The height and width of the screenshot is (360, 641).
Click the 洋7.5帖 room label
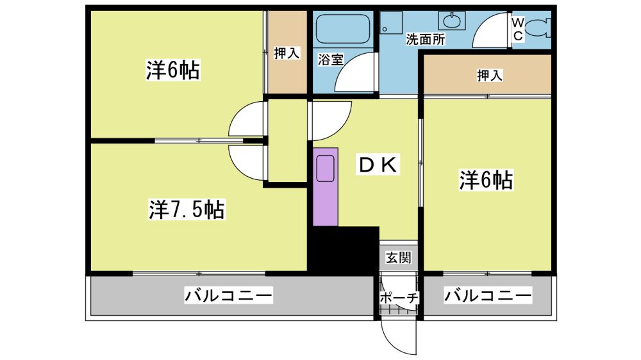click(187, 210)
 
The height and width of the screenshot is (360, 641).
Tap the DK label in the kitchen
click(378, 165)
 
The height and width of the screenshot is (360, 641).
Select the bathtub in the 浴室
click(343, 29)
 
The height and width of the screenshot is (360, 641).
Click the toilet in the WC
click(537, 29)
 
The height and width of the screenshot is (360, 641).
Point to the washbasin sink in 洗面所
click(452, 20)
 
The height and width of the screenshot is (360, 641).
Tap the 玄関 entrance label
click(398, 258)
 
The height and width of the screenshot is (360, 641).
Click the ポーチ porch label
click(399, 297)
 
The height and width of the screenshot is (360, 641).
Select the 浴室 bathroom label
click(331, 60)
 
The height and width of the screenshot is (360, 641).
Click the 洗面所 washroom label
click(425, 40)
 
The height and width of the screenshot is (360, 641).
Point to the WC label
click(517, 29)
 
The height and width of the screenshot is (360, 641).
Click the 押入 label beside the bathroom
click(287, 53)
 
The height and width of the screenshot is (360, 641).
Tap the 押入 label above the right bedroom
click(489, 75)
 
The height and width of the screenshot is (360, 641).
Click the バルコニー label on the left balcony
click(228, 295)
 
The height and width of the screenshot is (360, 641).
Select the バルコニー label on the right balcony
click(488, 295)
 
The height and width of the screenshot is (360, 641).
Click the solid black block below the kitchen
click(344, 250)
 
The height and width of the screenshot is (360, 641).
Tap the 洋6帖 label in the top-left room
click(173, 70)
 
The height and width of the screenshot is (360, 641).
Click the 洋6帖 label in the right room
click(486, 180)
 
